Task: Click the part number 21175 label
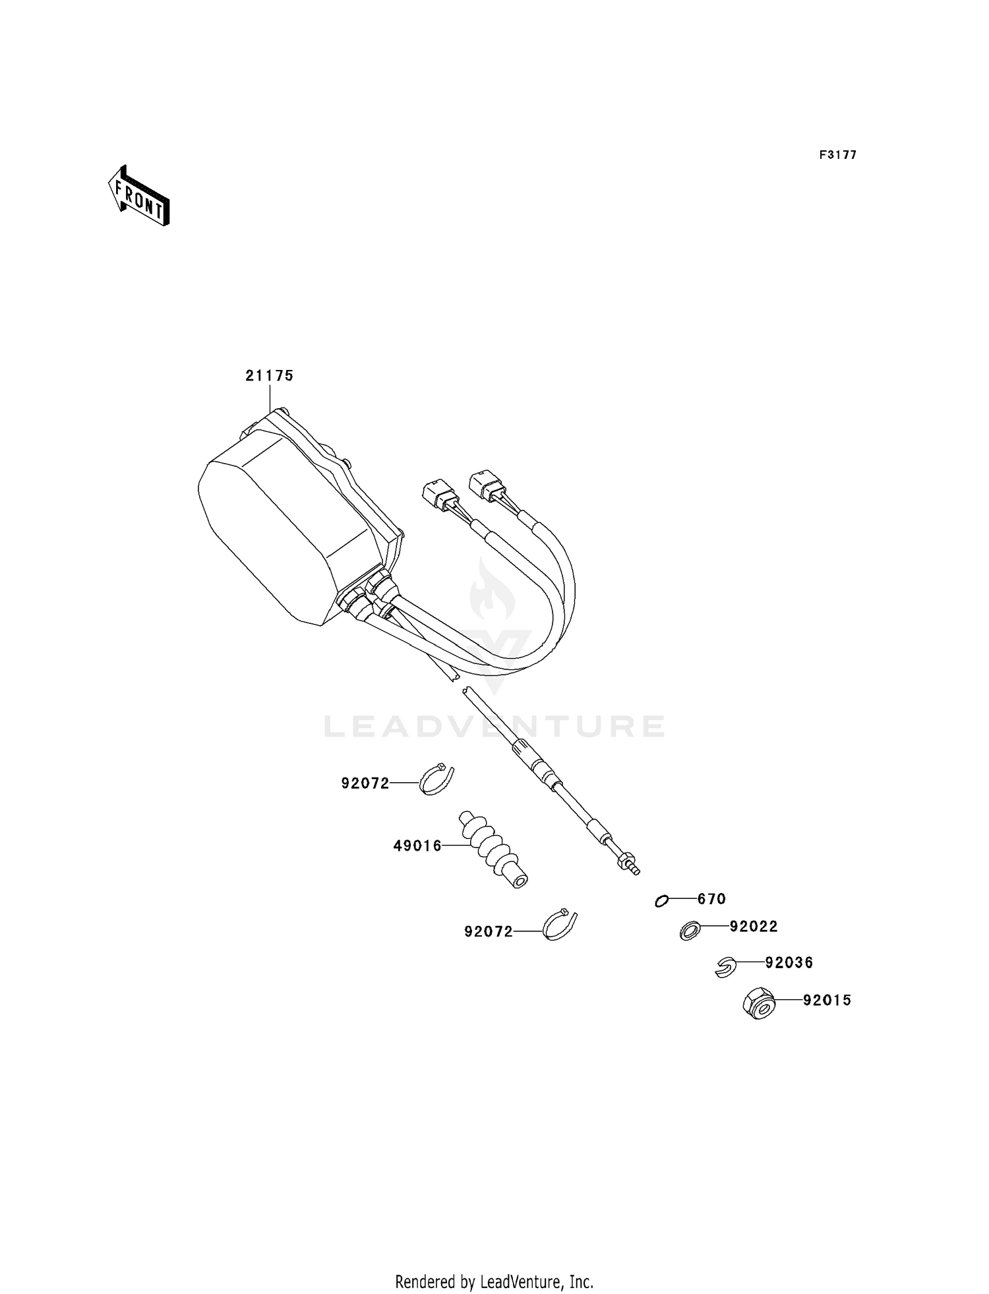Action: click(x=269, y=376)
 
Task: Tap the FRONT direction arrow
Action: click(x=139, y=196)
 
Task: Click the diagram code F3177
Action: click(x=838, y=155)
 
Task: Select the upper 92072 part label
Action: click(x=365, y=784)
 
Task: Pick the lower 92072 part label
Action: click(x=489, y=932)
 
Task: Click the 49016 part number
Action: click(x=417, y=846)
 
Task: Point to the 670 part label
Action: click(x=711, y=899)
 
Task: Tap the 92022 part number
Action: click(x=754, y=927)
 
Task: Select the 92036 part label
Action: click(x=789, y=963)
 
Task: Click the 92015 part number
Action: click(x=827, y=1001)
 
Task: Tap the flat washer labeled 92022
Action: click(x=690, y=931)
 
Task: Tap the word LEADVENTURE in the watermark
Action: click(x=494, y=726)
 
